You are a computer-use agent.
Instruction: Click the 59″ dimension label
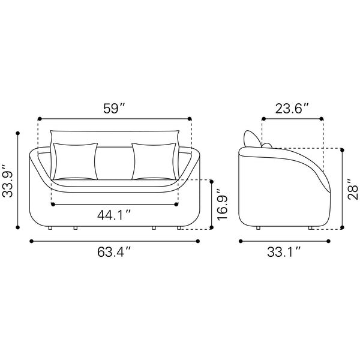(x=114, y=109)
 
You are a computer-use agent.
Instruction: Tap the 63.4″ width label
(x=114, y=252)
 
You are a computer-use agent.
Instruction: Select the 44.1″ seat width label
(x=114, y=215)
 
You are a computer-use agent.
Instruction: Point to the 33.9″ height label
(x=8, y=181)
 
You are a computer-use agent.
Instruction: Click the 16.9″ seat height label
(x=222, y=205)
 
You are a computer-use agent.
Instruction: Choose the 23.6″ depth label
(x=292, y=109)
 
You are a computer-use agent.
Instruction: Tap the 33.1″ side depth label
(x=284, y=252)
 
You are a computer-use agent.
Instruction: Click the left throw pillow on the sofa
(x=76, y=161)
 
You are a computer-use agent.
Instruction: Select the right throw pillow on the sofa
(x=154, y=161)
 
